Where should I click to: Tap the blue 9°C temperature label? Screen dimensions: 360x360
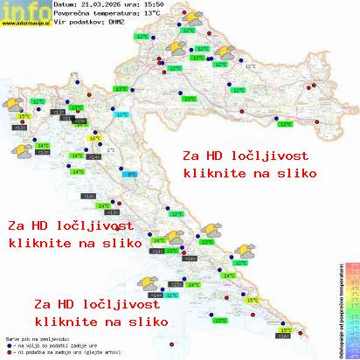(x=132, y=175)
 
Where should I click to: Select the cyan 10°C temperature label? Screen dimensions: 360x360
(x=122, y=114)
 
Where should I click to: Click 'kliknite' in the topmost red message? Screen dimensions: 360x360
(x=211, y=173)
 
